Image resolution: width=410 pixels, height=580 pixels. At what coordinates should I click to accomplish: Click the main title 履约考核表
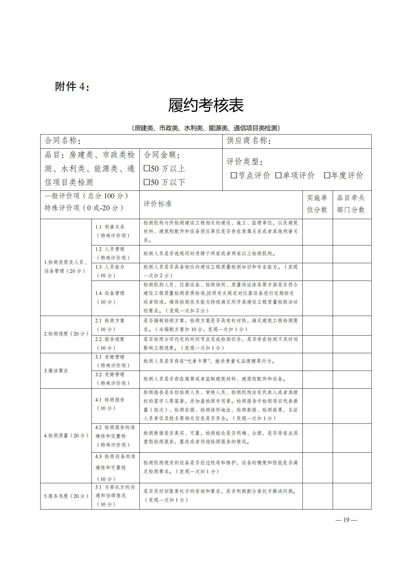click(206, 105)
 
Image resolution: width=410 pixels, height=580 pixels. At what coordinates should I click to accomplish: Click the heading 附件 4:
click(72, 87)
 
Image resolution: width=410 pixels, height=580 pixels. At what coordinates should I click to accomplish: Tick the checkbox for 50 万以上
click(147, 168)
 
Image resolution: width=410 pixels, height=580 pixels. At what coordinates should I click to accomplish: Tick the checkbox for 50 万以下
click(147, 182)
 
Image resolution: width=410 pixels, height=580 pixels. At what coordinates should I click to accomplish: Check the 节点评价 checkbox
click(234, 175)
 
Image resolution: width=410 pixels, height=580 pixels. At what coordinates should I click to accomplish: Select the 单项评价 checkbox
click(278, 175)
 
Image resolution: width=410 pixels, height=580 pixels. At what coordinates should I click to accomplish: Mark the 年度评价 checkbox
click(327, 175)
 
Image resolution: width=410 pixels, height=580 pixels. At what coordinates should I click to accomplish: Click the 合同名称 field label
click(63, 141)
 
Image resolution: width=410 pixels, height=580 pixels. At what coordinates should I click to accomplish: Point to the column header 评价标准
click(158, 204)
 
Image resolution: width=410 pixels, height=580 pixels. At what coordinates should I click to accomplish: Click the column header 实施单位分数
click(317, 204)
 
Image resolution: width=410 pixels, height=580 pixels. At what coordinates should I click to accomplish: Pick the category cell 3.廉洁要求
click(56, 371)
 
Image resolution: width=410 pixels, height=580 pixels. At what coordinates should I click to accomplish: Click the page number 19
click(346, 520)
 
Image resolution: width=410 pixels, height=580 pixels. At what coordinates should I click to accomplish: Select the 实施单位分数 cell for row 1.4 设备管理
click(317, 298)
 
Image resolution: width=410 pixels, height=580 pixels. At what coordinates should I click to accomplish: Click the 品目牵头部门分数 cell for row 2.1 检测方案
click(352, 325)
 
